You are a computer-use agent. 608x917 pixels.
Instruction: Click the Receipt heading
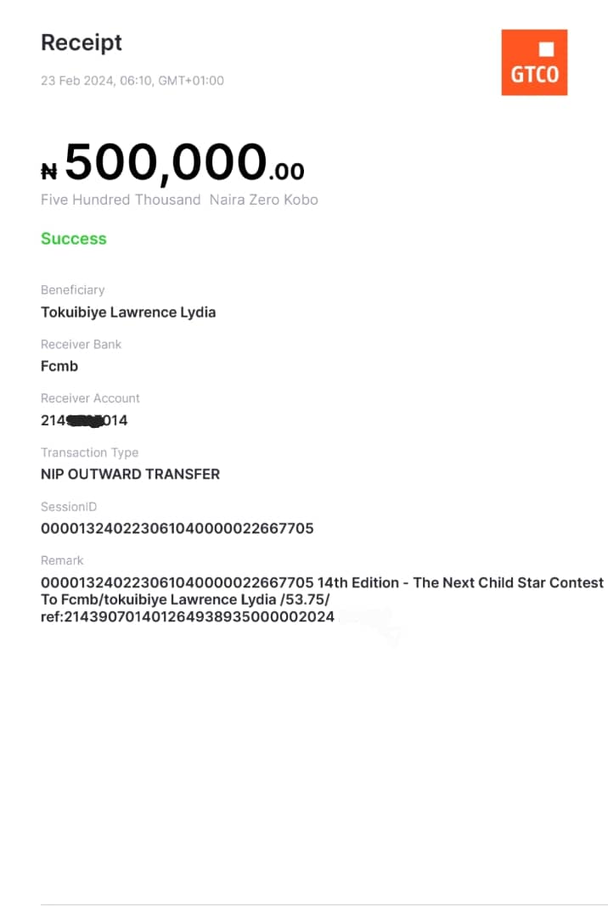click(82, 42)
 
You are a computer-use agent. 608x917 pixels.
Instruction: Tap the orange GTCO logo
click(534, 62)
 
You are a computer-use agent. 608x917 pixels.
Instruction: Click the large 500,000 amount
click(166, 162)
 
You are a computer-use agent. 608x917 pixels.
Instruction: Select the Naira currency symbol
click(49, 172)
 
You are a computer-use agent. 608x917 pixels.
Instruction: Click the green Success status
click(74, 239)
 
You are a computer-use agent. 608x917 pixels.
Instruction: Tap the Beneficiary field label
click(73, 290)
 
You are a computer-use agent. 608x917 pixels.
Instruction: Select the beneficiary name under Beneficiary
click(128, 312)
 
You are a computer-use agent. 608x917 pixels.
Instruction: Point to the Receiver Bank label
click(82, 345)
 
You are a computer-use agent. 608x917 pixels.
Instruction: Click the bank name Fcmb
click(59, 366)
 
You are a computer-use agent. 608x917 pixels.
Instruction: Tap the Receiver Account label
click(90, 398)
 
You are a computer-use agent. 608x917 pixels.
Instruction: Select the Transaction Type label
click(89, 453)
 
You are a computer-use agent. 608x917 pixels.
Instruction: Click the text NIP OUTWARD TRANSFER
click(130, 475)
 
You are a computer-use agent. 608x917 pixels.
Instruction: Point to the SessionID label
click(69, 507)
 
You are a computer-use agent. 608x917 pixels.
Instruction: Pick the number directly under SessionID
click(177, 528)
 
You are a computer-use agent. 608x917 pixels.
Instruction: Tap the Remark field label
click(62, 561)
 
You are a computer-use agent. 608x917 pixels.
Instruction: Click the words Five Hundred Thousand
click(121, 200)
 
